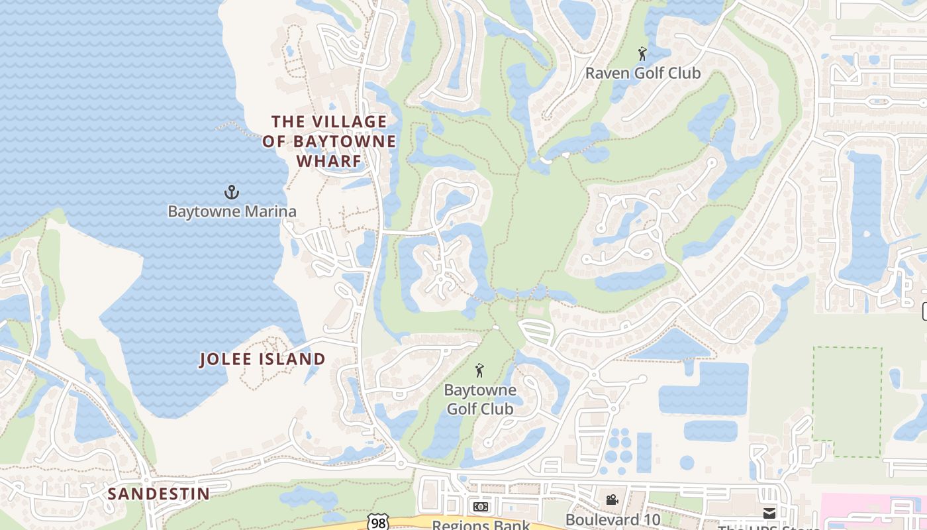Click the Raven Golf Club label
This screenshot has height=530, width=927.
coord(642,74)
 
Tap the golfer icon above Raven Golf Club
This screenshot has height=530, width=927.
coord(642,54)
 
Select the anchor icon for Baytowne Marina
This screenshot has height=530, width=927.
coord(231,193)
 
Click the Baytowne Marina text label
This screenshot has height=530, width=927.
coord(232,212)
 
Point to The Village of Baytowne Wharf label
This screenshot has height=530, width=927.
coord(329,141)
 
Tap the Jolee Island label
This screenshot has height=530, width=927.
coord(263,360)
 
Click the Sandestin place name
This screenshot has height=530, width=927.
coord(158,494)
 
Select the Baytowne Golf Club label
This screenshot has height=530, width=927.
coord(480,399)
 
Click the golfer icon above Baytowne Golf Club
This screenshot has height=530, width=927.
coord(480,370)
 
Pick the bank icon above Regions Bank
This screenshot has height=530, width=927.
coord(481,507)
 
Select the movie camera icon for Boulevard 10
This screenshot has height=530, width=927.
coord(612,500)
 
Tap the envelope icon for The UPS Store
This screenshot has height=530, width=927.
coord(769,513)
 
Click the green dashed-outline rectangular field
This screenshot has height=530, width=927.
coord(847,401)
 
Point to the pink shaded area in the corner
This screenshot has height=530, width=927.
coord(874,513)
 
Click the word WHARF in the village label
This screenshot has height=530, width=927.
coord(329,161)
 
